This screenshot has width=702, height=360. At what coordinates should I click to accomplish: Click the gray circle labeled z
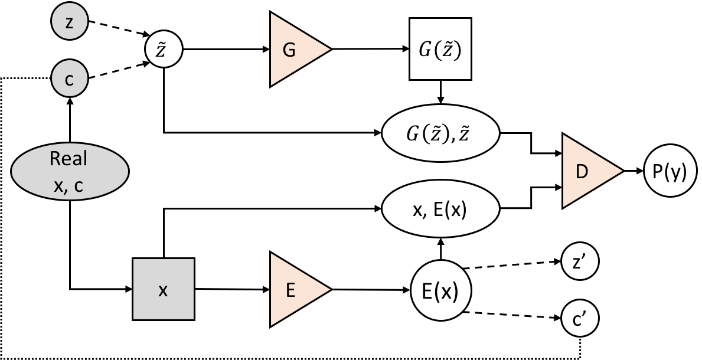pos(70,22)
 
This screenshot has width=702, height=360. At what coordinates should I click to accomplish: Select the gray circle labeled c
pos(70,79)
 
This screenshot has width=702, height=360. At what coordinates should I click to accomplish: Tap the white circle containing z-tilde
pos(164,50)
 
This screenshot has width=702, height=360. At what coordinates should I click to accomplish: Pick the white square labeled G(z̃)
pos(440,49)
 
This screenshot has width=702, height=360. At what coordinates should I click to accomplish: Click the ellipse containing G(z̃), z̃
pos(441,133)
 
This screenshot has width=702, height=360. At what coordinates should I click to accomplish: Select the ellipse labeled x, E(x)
pos(441,209)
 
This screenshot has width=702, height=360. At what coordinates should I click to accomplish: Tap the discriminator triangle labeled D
pos(587,171)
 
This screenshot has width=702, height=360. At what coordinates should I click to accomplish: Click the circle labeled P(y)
pos(670,171)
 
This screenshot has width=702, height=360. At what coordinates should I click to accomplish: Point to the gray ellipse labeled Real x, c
pos(70,172)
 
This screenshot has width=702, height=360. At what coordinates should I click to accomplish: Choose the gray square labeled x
pos(164,289)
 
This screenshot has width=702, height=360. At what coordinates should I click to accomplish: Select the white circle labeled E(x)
pos(440,290)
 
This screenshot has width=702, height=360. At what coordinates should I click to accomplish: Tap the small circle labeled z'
pos(580,262)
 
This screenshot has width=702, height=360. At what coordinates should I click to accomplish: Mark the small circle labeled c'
pos(580,319)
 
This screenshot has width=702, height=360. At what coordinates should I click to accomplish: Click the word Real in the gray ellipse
pos(68,159)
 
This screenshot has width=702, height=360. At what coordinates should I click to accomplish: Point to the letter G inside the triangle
pos(289,50)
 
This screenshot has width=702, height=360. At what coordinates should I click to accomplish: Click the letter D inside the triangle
pos(582,172)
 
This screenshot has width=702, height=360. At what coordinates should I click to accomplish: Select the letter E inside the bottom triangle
pos(289,290)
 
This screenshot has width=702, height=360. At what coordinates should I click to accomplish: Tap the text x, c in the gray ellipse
pos(68,185)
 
